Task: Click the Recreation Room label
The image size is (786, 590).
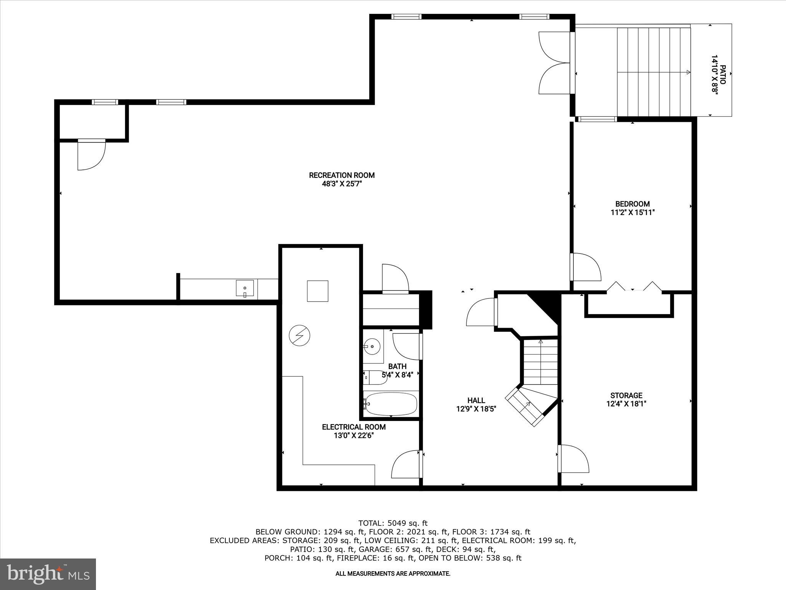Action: pos(342,175)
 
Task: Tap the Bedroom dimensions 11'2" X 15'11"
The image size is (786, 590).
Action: pos(632,212)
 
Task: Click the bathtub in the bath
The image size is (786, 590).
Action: pos(390,404)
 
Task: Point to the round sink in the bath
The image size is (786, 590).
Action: pos(372,346)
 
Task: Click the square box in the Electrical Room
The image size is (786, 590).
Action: pos(317,291)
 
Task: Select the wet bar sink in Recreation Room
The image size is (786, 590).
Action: pos(245,288)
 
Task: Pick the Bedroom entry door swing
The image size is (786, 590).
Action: pos(585,267)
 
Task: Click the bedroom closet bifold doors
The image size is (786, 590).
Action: pos(634,287)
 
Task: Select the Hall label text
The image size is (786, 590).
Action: pos(476,400)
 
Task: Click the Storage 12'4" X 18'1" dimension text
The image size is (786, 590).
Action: pos(626,404)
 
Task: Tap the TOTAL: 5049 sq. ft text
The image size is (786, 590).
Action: pos(393,523)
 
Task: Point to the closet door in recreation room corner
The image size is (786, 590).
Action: pos(91,154)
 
